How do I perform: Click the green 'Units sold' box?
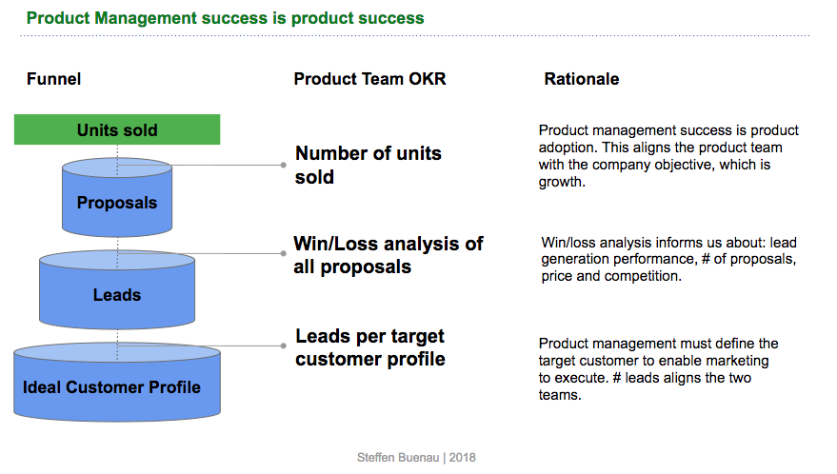pyautogui.click(x=117, y=129)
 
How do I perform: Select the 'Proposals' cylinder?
pyautogui.click(x=117, y=202)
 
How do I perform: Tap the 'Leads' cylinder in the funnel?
pyautogui.click(x=117, y=295)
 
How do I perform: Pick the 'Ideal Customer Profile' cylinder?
pyautogui.click(x=112, y=387)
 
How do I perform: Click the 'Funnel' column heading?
pyautogui.click(x=53, y=79)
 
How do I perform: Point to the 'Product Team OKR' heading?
pyautogui.click(x=369, y=79)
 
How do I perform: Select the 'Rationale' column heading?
pyautogui.click(x=581, y=79)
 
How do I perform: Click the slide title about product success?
pyautogui.click(x=225, y=18)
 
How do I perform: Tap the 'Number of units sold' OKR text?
pyautogui.click(x=368, y=165)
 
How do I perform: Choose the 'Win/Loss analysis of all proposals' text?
pyautogui.click(x=388, y=255)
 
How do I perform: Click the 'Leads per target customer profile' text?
pyautogui.click(x=369, y=347)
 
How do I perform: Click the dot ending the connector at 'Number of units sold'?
pyautogui.click(x=284, y=164)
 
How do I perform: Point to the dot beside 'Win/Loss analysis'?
pyautogui.click(x=284, y=253)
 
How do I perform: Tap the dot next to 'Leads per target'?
pyautogui.click(x=284, y=346)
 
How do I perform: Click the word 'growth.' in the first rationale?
pyautogui.click(x=561, y=182)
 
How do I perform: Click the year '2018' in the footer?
pyautogui.click(x=462, y=458)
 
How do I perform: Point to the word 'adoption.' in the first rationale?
pyautogui.click(x=568, y=148)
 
